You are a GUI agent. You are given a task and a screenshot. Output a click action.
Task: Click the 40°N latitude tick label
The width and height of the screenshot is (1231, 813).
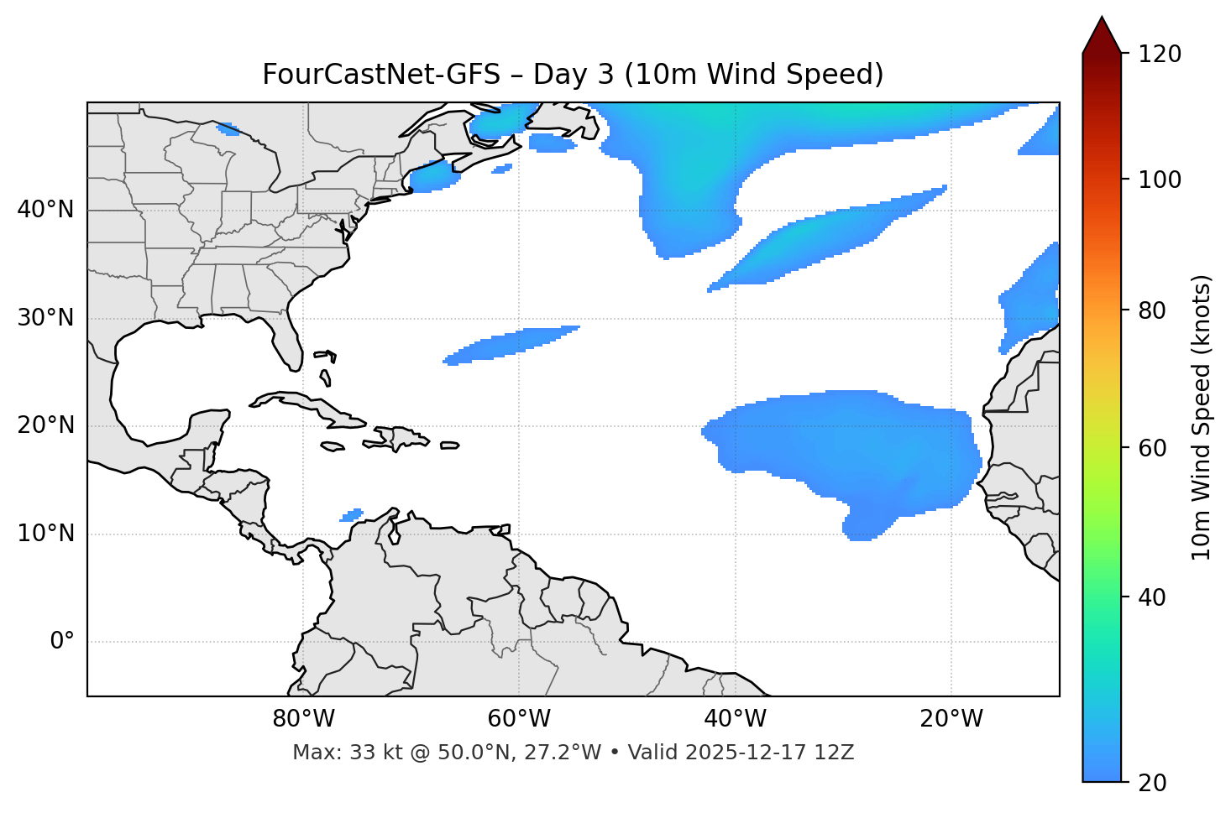point(45,210)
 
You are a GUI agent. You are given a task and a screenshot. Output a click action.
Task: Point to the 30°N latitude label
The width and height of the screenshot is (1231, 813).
point(45,318)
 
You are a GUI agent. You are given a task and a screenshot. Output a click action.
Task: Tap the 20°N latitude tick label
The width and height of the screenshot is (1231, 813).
point(45,425)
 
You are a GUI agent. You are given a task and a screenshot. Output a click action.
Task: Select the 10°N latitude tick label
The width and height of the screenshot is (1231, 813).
point(45,534)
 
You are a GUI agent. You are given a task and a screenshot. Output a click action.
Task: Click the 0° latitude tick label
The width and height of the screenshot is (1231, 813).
point(61,642)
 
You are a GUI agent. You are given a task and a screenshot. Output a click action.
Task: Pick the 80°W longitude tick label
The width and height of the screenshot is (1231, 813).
point(303,719)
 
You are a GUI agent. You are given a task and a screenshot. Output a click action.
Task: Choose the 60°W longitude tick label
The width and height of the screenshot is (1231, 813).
point(519,719)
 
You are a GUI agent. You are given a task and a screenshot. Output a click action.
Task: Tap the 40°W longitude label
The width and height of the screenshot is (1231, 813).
point(736,719)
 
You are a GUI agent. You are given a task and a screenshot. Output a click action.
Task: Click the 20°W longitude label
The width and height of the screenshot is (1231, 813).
point(951,719)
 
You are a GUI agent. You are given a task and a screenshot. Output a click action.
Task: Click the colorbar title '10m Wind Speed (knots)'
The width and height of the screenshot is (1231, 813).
point(1202,417)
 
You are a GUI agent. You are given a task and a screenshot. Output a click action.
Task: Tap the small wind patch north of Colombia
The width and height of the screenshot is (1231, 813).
point(352,514)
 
